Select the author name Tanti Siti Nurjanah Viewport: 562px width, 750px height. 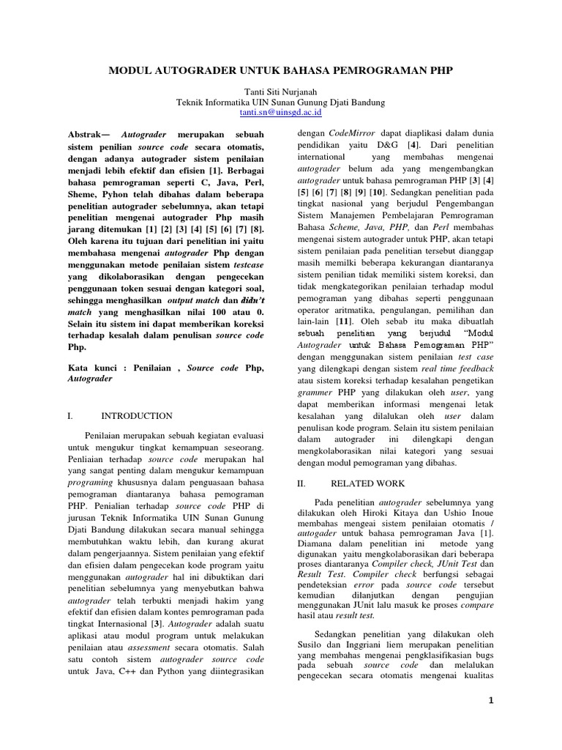(281, 92)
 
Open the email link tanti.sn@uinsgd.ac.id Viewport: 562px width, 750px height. (281, 114)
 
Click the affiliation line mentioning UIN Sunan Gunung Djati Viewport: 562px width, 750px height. (281, 103)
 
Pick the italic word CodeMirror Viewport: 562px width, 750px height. (354, 134)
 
